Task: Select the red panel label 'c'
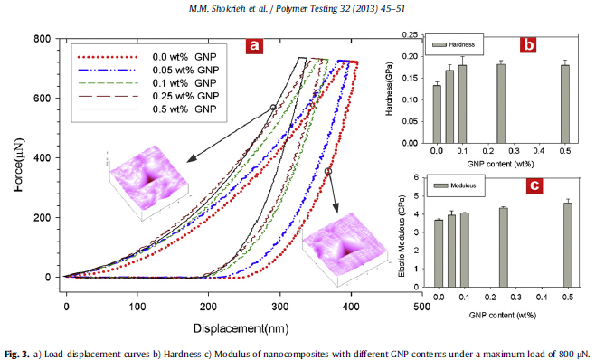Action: [x=534, y=186]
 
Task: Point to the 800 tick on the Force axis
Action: [x=40, y=39]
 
